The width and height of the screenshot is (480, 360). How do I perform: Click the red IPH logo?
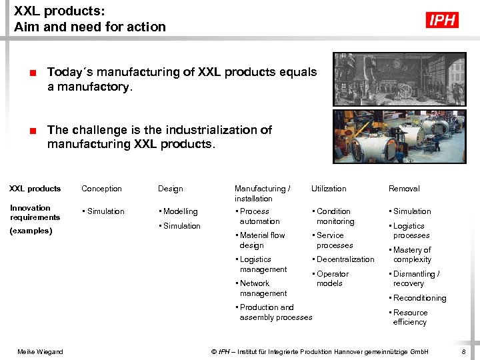tap(442, 20)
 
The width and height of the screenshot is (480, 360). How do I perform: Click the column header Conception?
tap(101, 189)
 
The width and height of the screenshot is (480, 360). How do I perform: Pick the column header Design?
tap(170, 189)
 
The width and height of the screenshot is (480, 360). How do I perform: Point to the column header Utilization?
tap(329, 189)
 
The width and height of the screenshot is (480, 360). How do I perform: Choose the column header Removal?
tap(404, 189)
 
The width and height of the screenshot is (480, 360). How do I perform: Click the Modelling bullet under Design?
tap(179, 211)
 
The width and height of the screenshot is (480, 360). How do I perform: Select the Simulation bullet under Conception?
tap(105, 211)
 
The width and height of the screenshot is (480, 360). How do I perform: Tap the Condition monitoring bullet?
tap(335, 216)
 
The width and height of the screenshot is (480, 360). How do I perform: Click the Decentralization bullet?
tap(345, 259)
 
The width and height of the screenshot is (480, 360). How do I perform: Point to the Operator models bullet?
tap(331, 279)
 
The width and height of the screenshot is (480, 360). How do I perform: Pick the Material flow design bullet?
tap(261, 240)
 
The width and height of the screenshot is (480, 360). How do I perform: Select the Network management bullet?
tap(262, 288)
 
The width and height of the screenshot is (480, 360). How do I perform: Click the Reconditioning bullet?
tap(419, 298)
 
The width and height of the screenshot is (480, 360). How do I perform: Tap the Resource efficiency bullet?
tap(409, 317)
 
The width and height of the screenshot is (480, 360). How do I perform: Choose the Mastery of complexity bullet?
tap(411, 255)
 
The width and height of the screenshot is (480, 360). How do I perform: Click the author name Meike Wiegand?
tap(41, 351)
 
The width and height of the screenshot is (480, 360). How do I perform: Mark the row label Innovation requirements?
tap(35, 212)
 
